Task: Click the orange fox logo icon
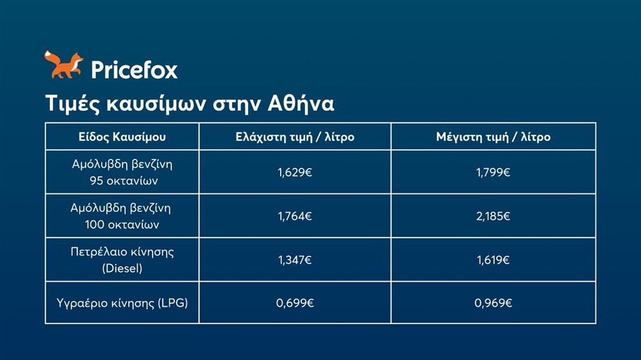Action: click(x=63, y=65)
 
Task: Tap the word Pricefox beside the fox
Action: click(x=134, y=69)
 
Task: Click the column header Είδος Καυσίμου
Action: click(x=122, y=137)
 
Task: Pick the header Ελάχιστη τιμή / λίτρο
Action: click(x=295, y=137)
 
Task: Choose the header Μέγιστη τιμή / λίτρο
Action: click(x=493, y=137)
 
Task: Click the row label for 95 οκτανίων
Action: click(x=122, y=172)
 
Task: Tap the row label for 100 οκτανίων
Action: click(x=122, y=217)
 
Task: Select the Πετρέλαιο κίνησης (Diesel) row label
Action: click(x=122, y=260)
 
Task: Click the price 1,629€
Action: click(x=295, y=172)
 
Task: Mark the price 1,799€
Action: click(x=493, y=172)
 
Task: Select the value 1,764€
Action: click(x=295, y=217)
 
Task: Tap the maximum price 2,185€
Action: click(x=493, y=217)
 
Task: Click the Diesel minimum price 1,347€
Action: click(x=295, y=260)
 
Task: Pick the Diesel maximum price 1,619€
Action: click(x=493, y=260)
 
